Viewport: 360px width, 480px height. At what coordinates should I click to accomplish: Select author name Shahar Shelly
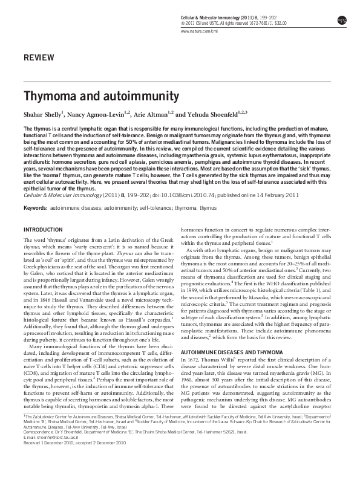coord(43,113)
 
